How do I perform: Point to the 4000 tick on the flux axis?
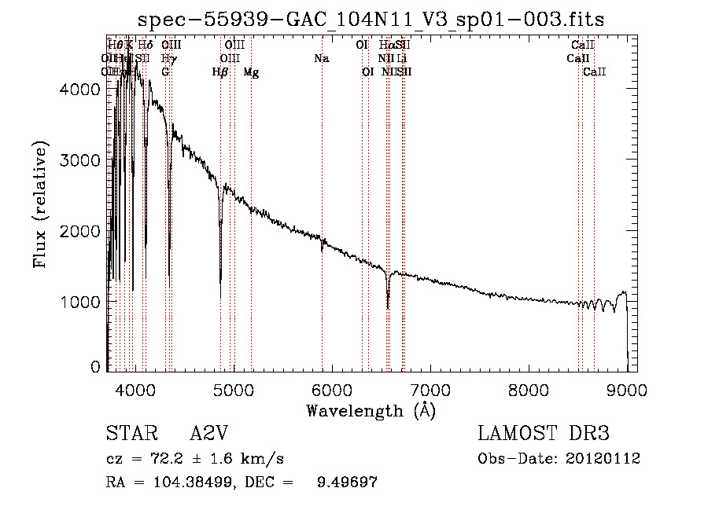click(82, 90)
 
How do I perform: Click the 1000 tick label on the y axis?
click(82, 302)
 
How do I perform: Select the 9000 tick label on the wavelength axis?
click(627, 389)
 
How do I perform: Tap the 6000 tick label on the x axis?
click(331, 389)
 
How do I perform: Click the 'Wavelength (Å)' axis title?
click(371, 410)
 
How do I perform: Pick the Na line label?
click(321, 59)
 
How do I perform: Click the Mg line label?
click(251, 72)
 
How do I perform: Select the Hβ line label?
click(220, 72)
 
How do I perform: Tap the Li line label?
click(402, 59)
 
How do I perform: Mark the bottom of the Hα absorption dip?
click(388, 307)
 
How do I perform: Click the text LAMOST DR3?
click(544, 435)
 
